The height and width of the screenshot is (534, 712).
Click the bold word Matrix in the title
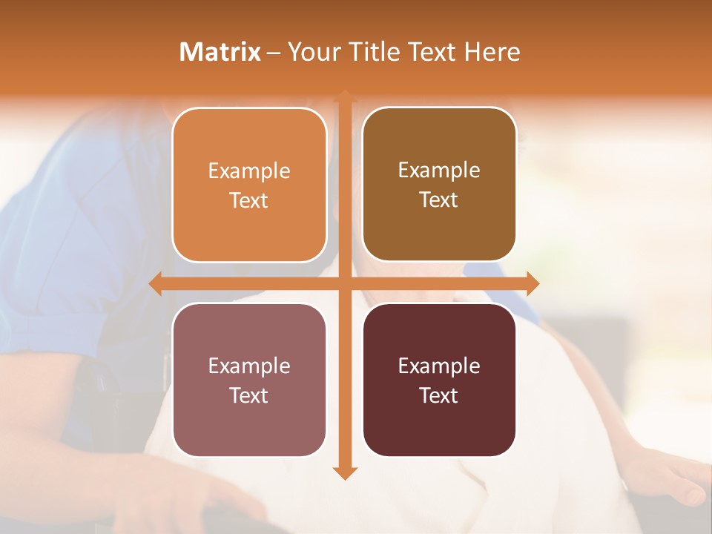[x=220, y=52]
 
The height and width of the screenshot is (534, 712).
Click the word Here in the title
[x=492, y=52]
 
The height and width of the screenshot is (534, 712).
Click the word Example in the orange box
[x=249, y=171]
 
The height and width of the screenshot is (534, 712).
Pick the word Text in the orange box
[x=249, y=200]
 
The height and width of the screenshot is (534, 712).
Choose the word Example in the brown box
[x=439, y=170]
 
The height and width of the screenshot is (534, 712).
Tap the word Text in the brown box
[x=439, y=200]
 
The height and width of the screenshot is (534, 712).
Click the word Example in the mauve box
[x=249, y=366]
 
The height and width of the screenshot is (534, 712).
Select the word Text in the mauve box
[x=249, y=395]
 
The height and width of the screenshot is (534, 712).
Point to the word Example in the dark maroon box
[x=439, y=366]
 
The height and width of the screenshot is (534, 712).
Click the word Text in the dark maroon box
[x=439, y=395]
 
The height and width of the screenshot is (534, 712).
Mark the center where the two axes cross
[x=344, y=283]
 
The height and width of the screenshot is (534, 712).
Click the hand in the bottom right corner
[x=671, y=478]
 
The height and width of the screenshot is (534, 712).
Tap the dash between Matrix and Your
[x=274, y=53]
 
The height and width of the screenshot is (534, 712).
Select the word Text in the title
[x=430, y=52]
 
